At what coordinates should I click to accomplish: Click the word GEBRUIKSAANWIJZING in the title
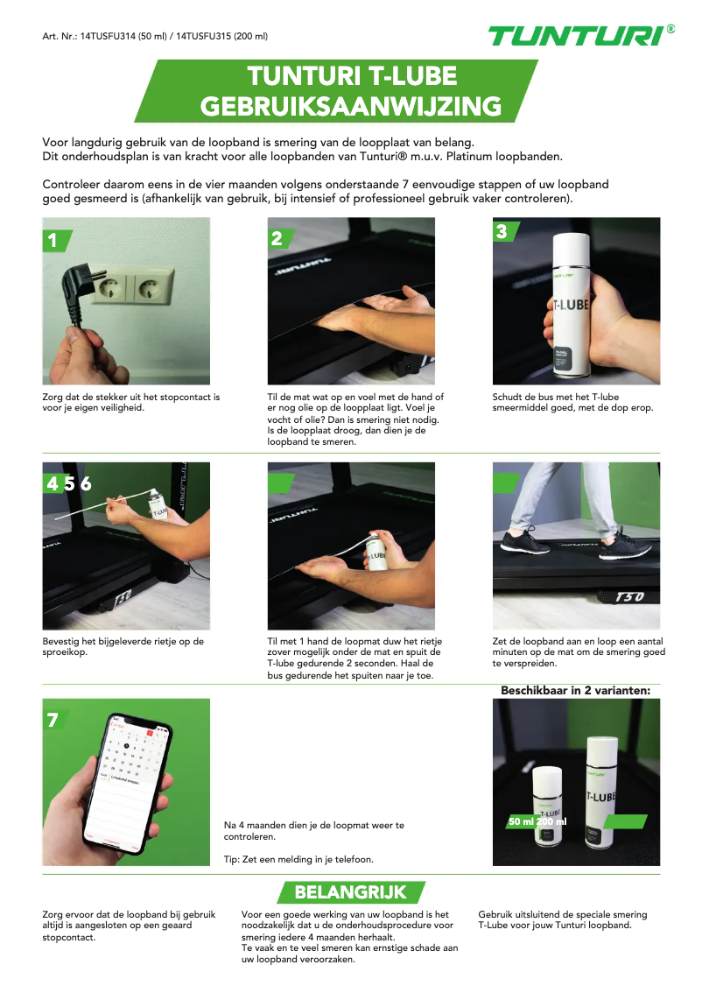[x=350, y=107]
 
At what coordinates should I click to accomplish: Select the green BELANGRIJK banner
[x=350, y=892]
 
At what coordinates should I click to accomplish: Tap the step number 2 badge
[x=277, y=238]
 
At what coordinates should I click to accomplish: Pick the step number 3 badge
[x=502, y=231]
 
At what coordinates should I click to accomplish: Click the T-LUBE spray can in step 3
[x=569, y=302]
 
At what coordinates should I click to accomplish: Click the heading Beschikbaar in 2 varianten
[x=575, y=691]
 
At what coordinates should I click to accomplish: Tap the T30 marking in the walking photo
[x=630, y=596]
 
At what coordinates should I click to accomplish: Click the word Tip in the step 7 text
[x=233, y=859]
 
